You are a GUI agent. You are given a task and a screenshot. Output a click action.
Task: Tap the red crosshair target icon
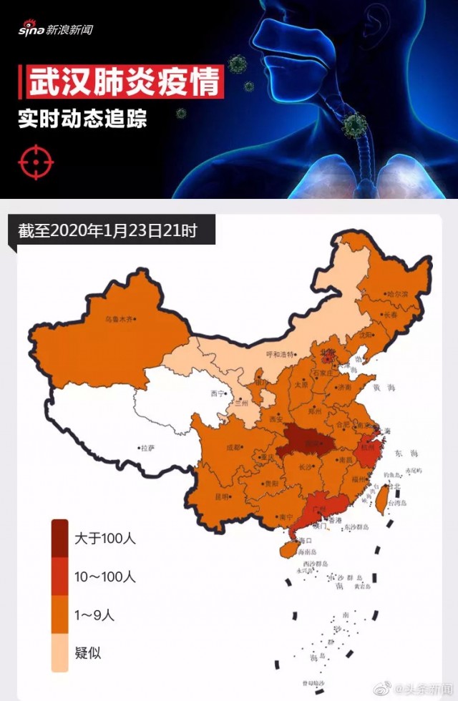(36, 162)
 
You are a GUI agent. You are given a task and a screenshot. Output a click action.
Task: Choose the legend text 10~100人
(105, 576)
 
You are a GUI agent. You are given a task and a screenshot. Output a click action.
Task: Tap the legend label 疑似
(87, 652)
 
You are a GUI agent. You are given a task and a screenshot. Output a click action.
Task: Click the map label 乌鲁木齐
(119, 320)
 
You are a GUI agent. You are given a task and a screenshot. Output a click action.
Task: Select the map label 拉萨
(147, 448)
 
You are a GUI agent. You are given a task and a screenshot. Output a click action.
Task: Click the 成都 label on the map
(234, 448)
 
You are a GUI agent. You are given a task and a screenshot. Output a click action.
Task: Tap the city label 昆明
(222, 496)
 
